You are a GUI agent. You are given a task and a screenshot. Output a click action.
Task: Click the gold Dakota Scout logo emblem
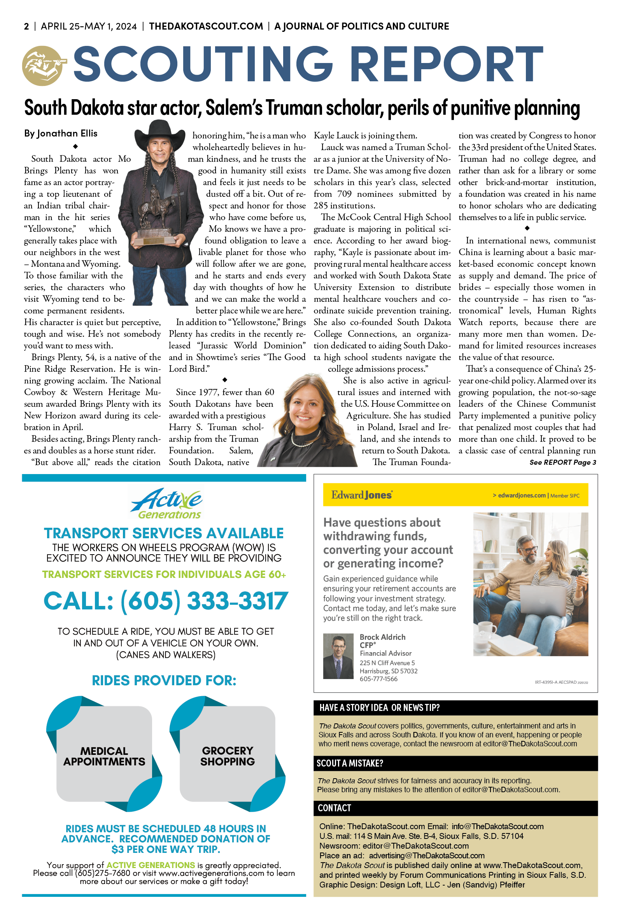point(42,66)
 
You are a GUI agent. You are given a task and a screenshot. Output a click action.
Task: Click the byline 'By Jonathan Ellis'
point(61,133)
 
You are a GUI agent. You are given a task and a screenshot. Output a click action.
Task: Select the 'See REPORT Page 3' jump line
point(562,462)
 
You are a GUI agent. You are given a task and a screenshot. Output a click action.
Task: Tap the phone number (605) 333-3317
point(166,601)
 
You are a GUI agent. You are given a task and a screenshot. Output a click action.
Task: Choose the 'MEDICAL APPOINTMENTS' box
point(104,756)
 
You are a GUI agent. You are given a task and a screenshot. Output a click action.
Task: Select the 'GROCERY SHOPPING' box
point(228,756)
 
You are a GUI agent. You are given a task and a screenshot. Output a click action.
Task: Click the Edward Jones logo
point(361,495)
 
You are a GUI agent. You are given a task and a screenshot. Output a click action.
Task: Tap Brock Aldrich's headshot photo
point(338,656)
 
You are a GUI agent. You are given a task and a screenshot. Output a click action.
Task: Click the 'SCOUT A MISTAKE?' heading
point(350,763)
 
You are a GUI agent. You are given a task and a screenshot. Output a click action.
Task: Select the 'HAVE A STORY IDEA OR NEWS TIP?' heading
point(379,707)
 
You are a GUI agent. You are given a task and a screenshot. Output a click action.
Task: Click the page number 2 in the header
point(26,26)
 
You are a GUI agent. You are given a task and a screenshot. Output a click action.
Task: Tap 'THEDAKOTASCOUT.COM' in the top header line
point(206,26)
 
